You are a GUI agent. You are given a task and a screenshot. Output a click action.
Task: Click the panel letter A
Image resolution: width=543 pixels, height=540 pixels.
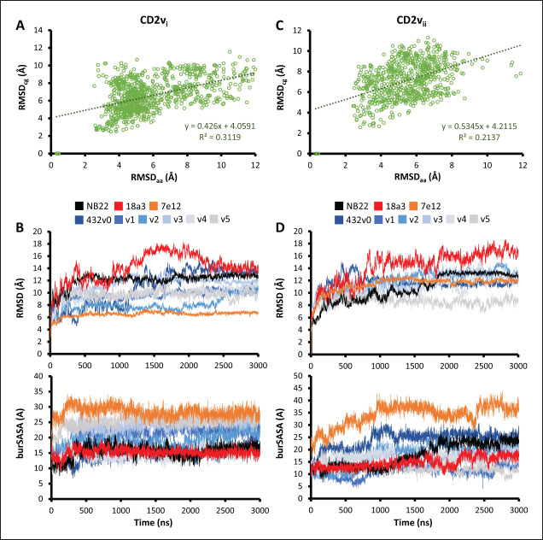point(19,26)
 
